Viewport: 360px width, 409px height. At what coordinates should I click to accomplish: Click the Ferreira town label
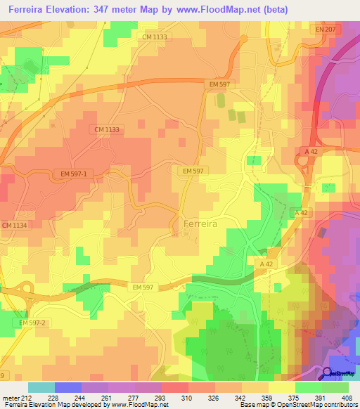200,223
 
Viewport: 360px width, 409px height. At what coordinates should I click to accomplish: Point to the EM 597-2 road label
32,323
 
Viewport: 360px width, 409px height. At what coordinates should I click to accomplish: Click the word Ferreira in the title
26,8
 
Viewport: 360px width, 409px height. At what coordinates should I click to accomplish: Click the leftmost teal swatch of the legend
41,387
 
